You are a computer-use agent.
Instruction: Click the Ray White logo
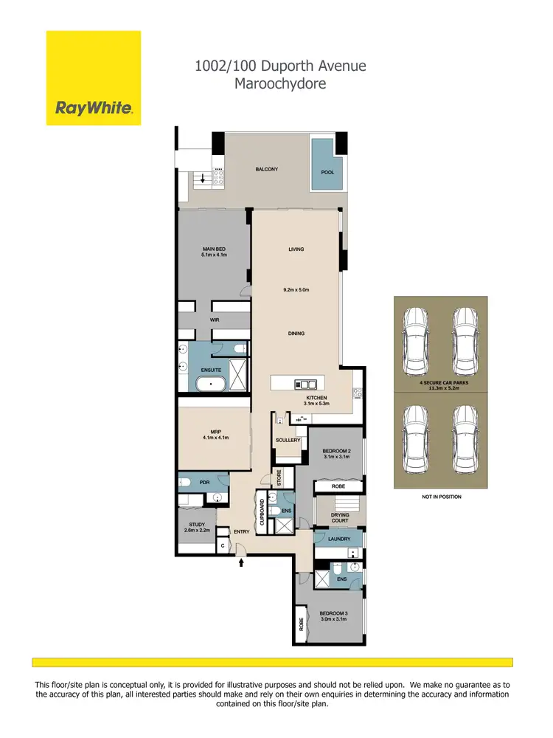click(x=94, y=109)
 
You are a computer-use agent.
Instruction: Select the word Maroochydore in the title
click(x=279, y=83)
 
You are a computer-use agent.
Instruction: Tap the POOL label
click(x=327, y=172)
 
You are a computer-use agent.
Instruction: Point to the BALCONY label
click(x=267, y=170)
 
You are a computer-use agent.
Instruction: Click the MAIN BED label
click(x=214, y=252)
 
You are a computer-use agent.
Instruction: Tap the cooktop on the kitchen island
click(x=305, y=384)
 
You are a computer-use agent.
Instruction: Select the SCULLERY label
click(x=288, y=440)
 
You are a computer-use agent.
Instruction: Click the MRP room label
click(x=216, y=434)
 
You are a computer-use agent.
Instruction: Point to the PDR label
click(x=205, y=483)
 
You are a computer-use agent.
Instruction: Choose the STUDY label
click(x=197, y=526)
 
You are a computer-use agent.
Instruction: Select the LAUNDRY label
click(x=339, y=539)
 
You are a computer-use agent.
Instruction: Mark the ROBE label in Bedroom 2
click(x=338, y=486)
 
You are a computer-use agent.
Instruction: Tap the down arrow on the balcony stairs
click(x=203, y=179)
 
